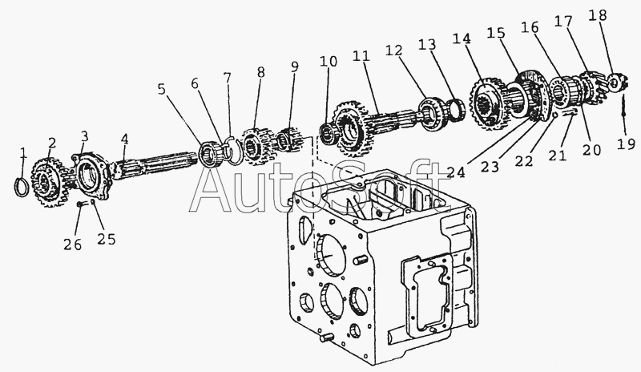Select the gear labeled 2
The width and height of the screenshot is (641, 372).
[47, 180]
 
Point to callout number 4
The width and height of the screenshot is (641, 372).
[124, 139]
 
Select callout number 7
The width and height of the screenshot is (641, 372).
[228, 79]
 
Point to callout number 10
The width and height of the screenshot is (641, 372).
[329, 63]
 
